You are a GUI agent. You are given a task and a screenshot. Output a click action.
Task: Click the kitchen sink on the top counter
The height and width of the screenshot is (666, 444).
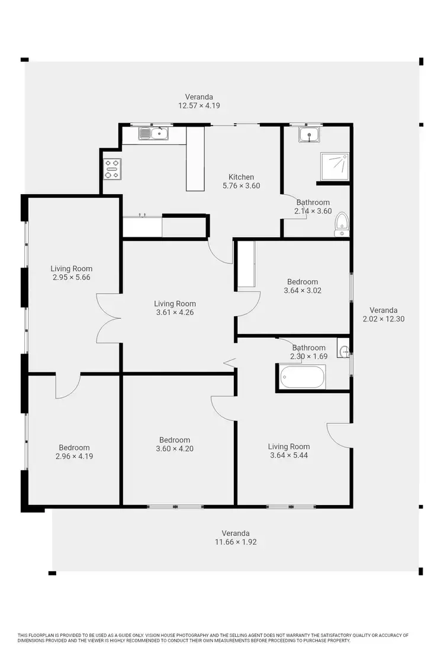pyautogui.click(x=154, y=134)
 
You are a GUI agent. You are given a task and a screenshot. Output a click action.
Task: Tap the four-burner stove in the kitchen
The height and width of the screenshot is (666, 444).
pyautogui.click(x=112, y=169)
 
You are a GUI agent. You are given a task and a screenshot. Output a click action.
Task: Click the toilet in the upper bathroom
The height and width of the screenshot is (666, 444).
pyautogui.click(x=342, y=224)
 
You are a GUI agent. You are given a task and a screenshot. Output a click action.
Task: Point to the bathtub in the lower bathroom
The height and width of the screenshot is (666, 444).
pyautogui.click(x=301, y=377)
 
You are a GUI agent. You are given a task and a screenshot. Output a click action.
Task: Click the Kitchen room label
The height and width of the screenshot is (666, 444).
pyautogui.click(x=241, y=177)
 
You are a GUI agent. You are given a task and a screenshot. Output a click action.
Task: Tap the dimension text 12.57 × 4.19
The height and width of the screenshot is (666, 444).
pyautogui.click(x=199, y=105)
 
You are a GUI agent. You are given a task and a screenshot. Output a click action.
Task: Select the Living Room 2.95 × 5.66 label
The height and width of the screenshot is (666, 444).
pyautogui.click(x=71, y=273)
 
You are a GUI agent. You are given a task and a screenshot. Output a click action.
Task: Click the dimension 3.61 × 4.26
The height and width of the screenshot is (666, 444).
pyautogui.click(x=175, y=313)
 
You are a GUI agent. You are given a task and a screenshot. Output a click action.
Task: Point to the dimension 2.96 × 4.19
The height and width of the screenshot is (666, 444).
pyautogui.click(x=74, y=456)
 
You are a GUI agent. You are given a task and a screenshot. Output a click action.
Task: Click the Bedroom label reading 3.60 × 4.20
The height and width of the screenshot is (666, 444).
pyautogui.click(x=175, y=448)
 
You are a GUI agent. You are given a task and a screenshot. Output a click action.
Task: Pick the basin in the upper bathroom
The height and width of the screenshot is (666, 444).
pyautogui.click(x=309, y=136)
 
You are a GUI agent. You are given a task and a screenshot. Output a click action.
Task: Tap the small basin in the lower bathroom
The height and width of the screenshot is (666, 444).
pyautogui.click(x=344, y=350)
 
